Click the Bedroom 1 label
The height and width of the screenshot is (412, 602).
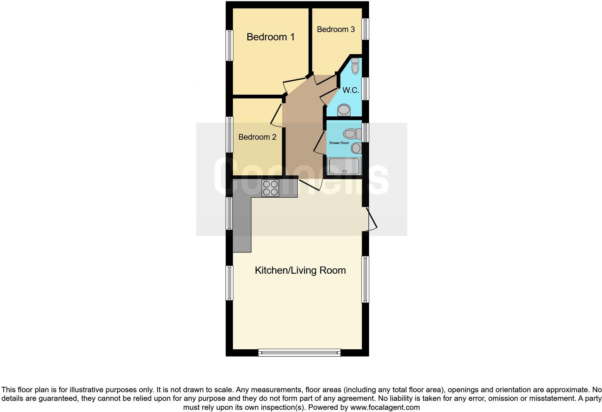point(270,37)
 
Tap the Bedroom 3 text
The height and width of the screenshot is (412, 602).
point(336,29)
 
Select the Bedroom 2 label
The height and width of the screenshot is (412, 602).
point(257,137)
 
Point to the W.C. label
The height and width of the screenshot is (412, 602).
point(350,90)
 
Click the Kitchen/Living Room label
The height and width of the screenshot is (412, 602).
point(300,270)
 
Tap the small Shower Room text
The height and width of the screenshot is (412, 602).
point(339,143)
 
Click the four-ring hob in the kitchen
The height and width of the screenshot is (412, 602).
point(270,188)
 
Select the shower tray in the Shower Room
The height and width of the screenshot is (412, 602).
point(344,166)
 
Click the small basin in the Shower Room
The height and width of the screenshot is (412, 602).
point(356,148)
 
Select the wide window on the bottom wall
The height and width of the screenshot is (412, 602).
point(299,352)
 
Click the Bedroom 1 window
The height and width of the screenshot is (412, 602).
point(229,45)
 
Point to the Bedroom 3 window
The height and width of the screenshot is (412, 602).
point(365,29)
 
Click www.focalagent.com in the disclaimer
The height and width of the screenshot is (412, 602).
point(385,407)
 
